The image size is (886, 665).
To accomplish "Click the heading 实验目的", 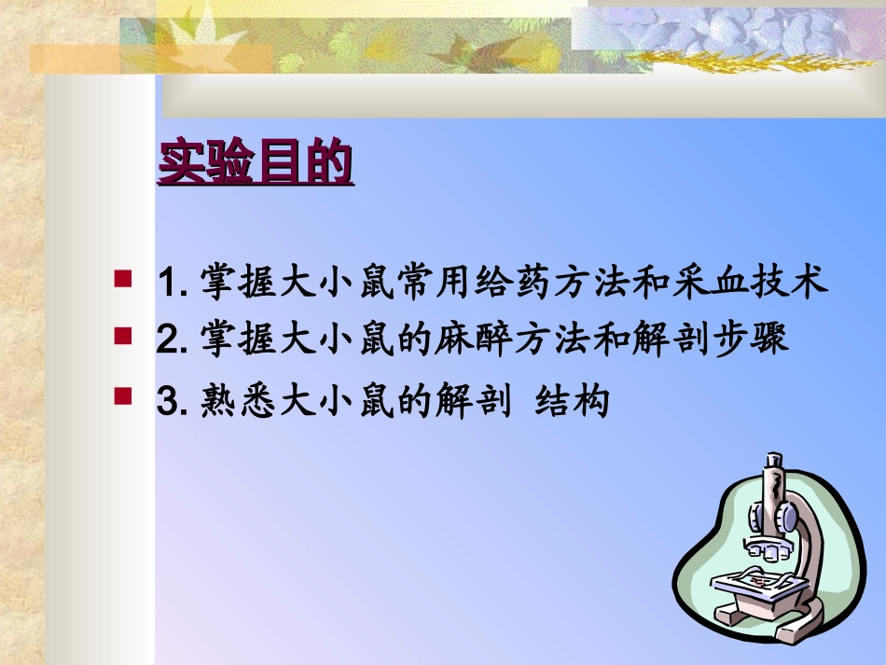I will (256, 162).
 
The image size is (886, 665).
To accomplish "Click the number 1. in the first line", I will (174, 282).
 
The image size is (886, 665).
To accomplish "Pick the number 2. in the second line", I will (174, 339).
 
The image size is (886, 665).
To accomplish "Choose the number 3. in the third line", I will (174, 402).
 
